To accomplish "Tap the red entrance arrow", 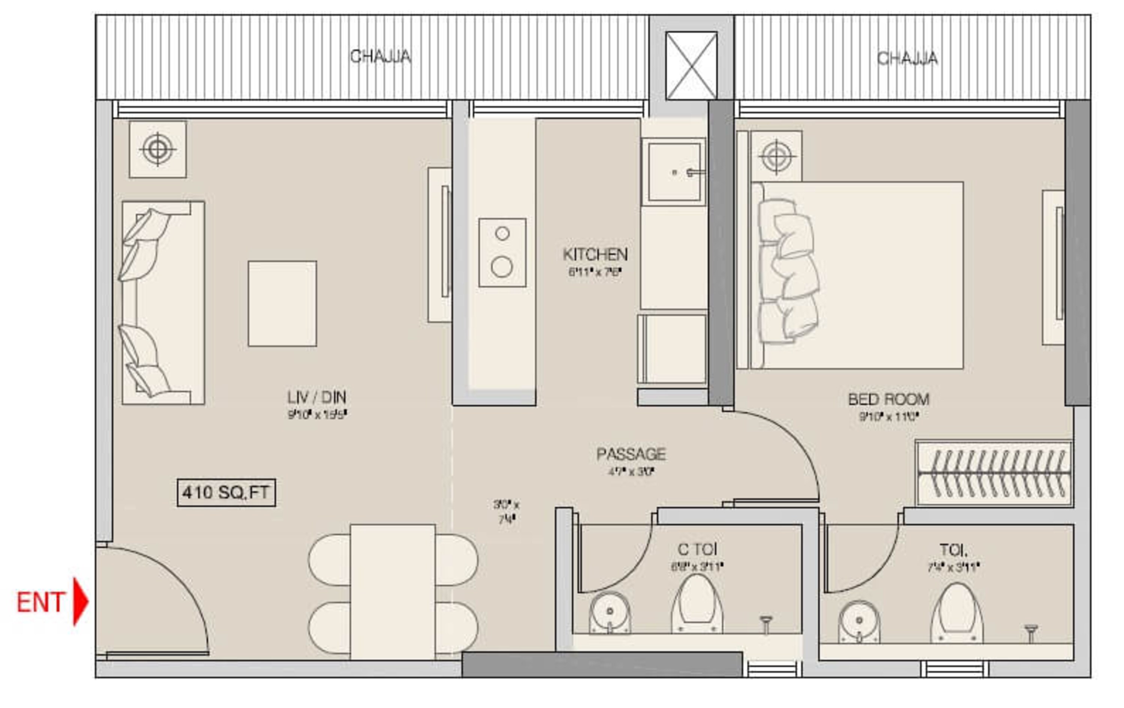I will (x=80, y=601).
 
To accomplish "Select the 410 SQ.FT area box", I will (x=226, y=493).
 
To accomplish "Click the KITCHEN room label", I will (x=595, y=254).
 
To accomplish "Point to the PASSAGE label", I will (x=631, y=454).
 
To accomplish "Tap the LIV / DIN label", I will (x=317, y=397).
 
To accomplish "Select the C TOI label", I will (x=697, y=549).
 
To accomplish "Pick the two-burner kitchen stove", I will (x=502, y=252).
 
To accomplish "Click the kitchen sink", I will (x=674, y=172).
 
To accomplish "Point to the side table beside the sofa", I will (x=158, y=150).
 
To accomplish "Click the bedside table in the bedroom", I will (x=777, y=156).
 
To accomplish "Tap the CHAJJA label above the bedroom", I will (x=907, y=58).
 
